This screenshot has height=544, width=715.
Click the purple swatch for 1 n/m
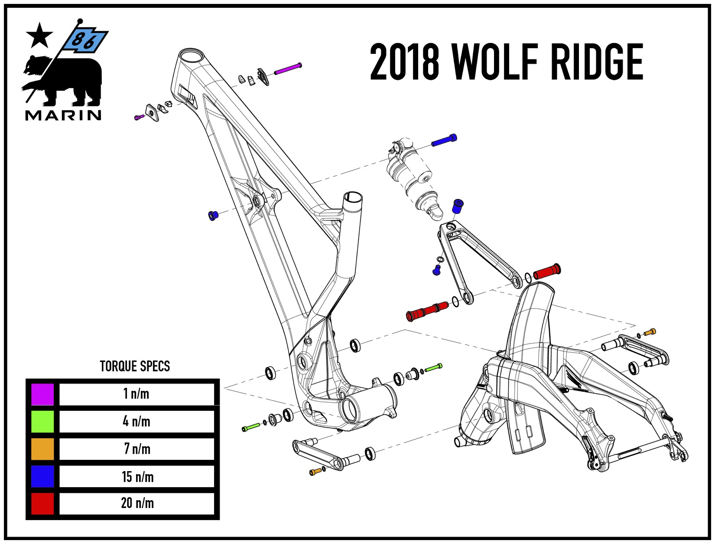[x=42, y=394]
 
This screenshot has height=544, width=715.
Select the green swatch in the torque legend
[x=42, y=421]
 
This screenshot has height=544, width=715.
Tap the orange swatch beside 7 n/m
[x=42, y=449]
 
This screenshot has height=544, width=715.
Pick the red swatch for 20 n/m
[x=42, y=503]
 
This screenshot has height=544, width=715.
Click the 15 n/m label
[x=137, y=477]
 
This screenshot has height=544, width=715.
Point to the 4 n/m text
[x=136, y=421]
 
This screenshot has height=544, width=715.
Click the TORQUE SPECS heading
[x=135, y=366]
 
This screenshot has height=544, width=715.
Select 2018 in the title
[x=405, y=62]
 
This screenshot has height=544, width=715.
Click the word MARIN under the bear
[x=63, y=115]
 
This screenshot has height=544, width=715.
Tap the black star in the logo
[x=39, y=36]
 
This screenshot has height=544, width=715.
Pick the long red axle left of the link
[x=427, y=311]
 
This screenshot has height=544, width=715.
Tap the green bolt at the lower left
[x=251, y=427]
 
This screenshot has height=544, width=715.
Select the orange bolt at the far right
[x=650, y=332]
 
